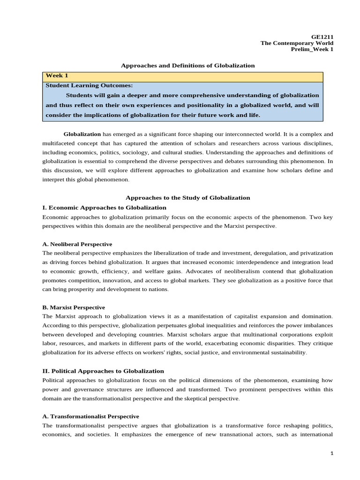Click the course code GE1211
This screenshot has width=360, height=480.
click(323, 36)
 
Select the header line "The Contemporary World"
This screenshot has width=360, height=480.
click(297, 43)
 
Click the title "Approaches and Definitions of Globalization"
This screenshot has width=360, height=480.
click(187, 66)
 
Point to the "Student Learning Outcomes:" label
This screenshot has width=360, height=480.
click(89, 85)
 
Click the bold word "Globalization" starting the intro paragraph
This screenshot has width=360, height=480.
click(82, 134)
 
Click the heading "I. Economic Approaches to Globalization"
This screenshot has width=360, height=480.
click(104, 207)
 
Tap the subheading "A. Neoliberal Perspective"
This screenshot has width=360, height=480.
click(77, 244)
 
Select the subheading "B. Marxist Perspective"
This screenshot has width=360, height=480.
click(73, 307)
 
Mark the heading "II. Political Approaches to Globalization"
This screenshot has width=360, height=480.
click(103, 371)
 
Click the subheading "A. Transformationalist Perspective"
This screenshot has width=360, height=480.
click(90, 416)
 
